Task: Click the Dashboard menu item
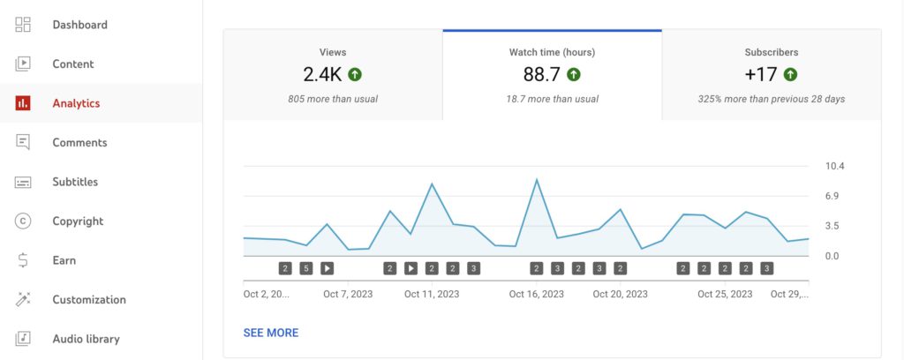point(79,25)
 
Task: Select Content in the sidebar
point(72,64)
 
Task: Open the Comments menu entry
point(79,142)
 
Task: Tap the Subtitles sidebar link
point(75,182)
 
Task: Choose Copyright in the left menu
point(78,221)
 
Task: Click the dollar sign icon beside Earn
point(24,260)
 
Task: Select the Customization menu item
point(88,299)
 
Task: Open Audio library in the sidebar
point(86,339)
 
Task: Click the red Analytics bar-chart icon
point(24,103)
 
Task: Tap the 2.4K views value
point(321,74)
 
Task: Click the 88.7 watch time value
point(539,74)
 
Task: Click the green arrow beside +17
point(790,74)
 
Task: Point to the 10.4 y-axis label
point(835,166)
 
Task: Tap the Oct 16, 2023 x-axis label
point(536,294)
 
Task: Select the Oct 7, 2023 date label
point(348,294)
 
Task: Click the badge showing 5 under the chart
point(305,268)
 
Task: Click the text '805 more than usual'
point(333,99)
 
